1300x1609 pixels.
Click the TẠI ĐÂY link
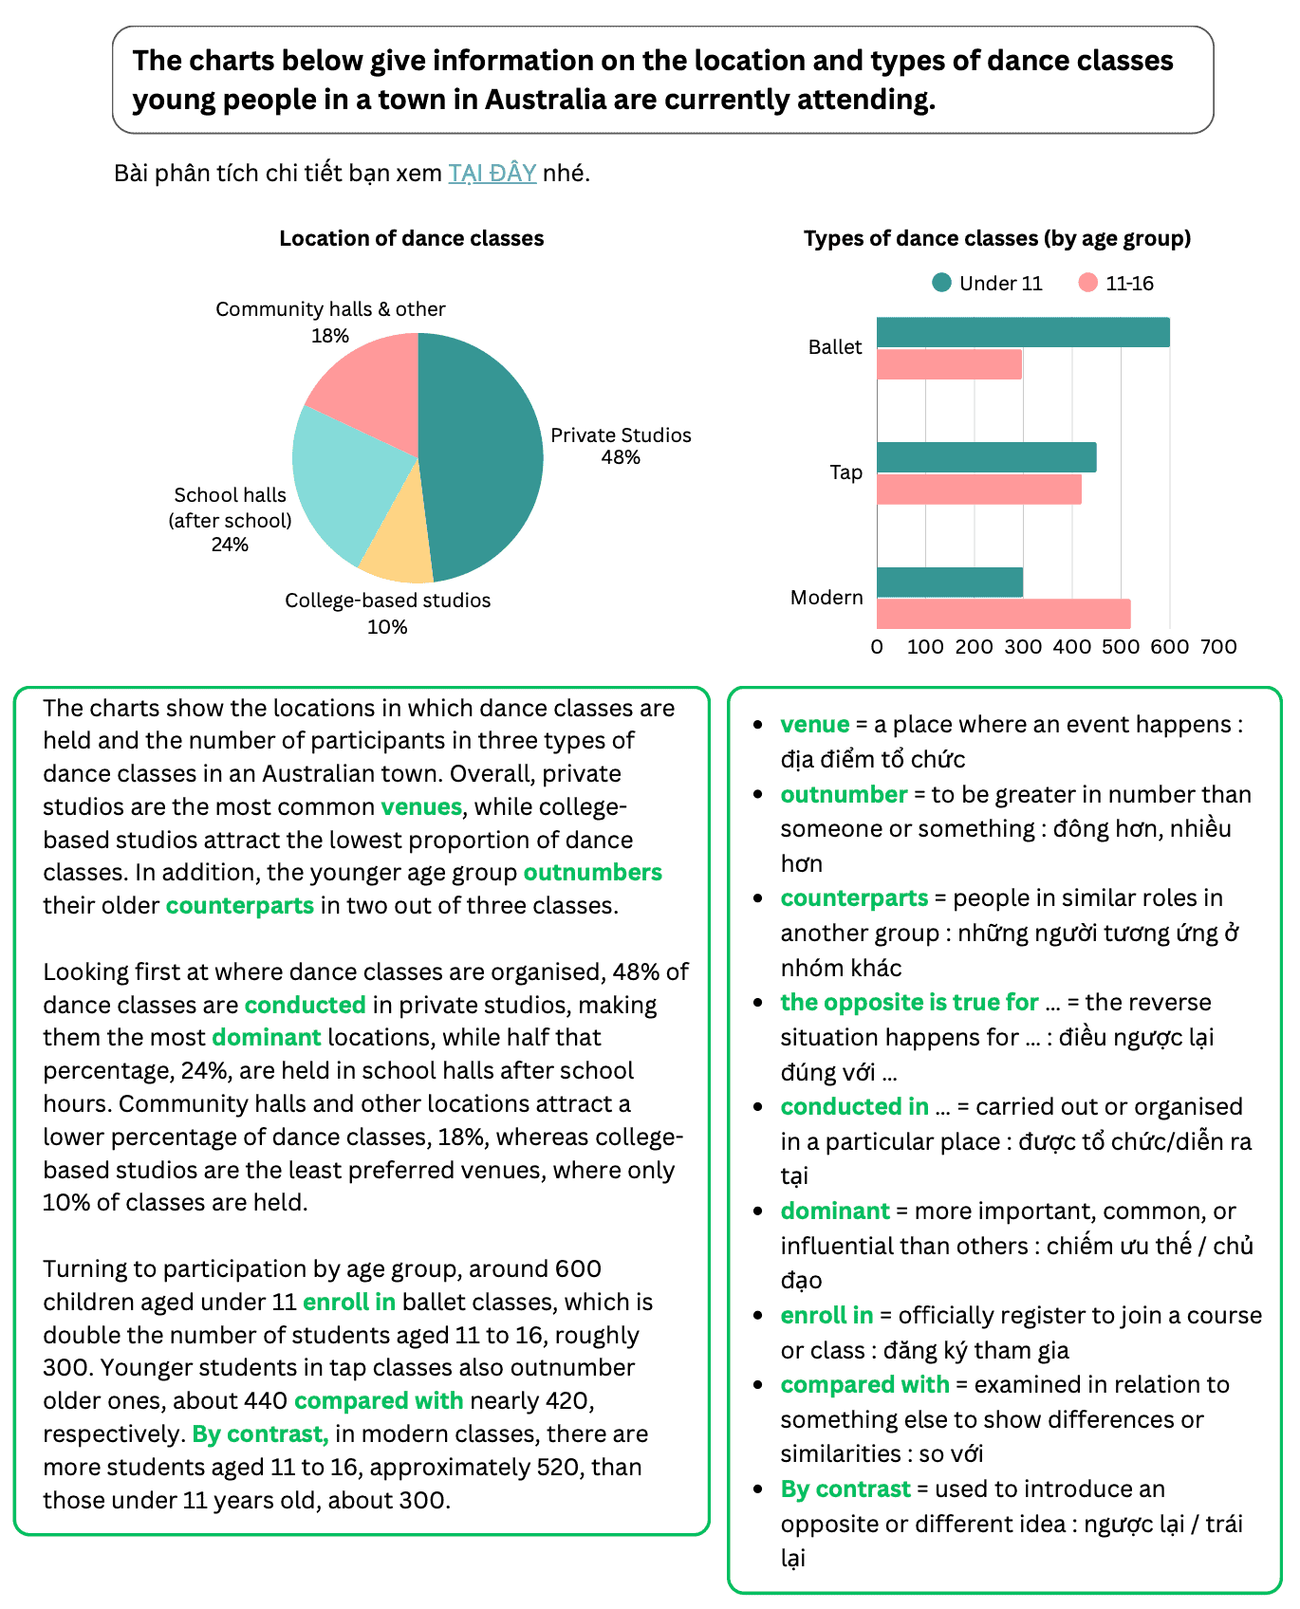[x=492, y=174]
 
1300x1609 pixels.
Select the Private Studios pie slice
[x=484, y=455]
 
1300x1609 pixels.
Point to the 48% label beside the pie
[x=621, y=458]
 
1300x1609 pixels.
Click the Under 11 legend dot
[x=941, y=283]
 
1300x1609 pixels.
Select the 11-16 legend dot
[x=1087, y=283]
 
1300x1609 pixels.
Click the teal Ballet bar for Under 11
[x=1022, y=333]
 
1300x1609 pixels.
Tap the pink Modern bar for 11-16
[x=1003, y=614]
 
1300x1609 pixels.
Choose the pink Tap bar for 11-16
[x=978, y=490]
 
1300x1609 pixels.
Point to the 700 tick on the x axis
[x=1218, y=647]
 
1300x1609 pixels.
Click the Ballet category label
[x=835, y=347]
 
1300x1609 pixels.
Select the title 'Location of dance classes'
[x=411, y=239]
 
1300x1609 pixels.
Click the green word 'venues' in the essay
[x=421, y=807]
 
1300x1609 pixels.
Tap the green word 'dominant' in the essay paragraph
[x=267, y=1038]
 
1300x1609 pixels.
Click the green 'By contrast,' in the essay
[x=260, y=1434]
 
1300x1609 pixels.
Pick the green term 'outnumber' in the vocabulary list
[x=844, y=795]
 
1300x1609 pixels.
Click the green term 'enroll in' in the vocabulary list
[x=826, y=1316]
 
